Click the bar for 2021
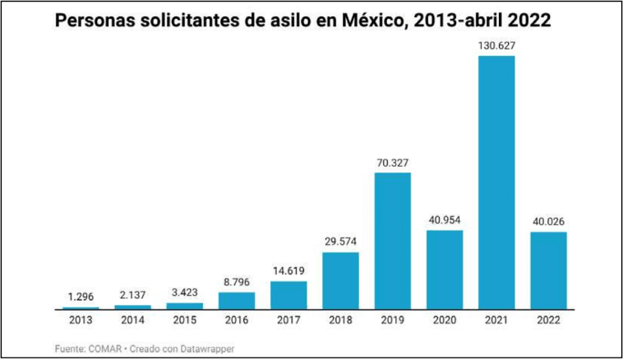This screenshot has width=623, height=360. click(496, 182)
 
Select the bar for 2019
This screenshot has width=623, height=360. click(393, 241)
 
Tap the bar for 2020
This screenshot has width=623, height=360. click(445, 269)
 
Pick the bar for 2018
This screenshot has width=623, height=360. click(340, 280)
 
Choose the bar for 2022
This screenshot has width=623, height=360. click(548, 270)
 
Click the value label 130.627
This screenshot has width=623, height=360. click(496, 45)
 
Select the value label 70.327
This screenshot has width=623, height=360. click(393, 162)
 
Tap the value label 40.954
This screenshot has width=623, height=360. click(445, 219)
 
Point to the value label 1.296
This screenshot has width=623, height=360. click(81, 296)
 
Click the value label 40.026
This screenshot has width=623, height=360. click(548, 221)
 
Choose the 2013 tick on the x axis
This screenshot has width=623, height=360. click(81, 320)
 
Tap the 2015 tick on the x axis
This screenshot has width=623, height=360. click(185, 320)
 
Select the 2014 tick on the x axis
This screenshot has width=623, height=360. click(132, 320)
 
